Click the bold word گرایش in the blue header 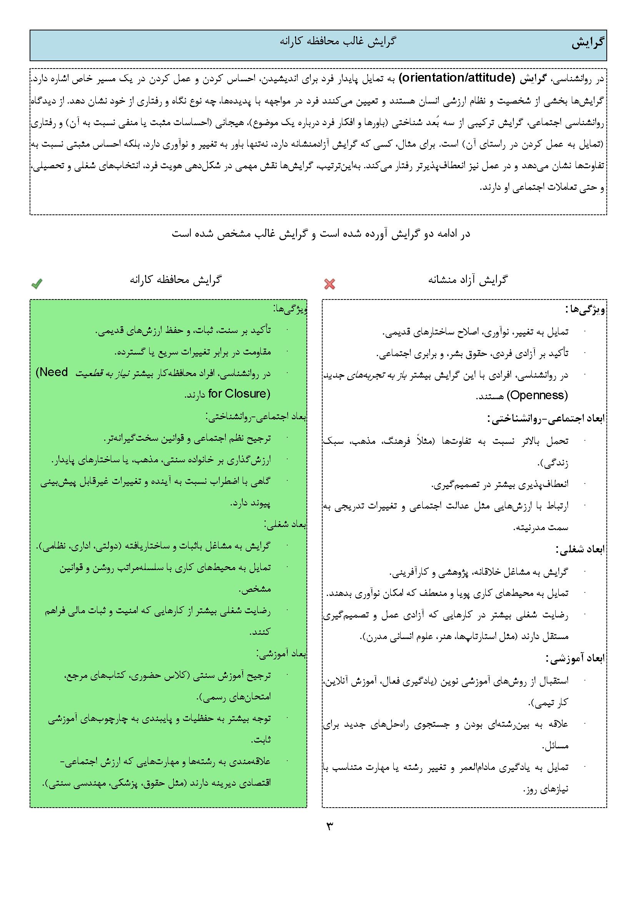click(x=588, y=43)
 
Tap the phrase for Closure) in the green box click(x=239, y=393)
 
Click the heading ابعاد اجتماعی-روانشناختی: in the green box click(x=256, y=417)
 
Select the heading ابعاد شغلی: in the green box click(x=285, y=524)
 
